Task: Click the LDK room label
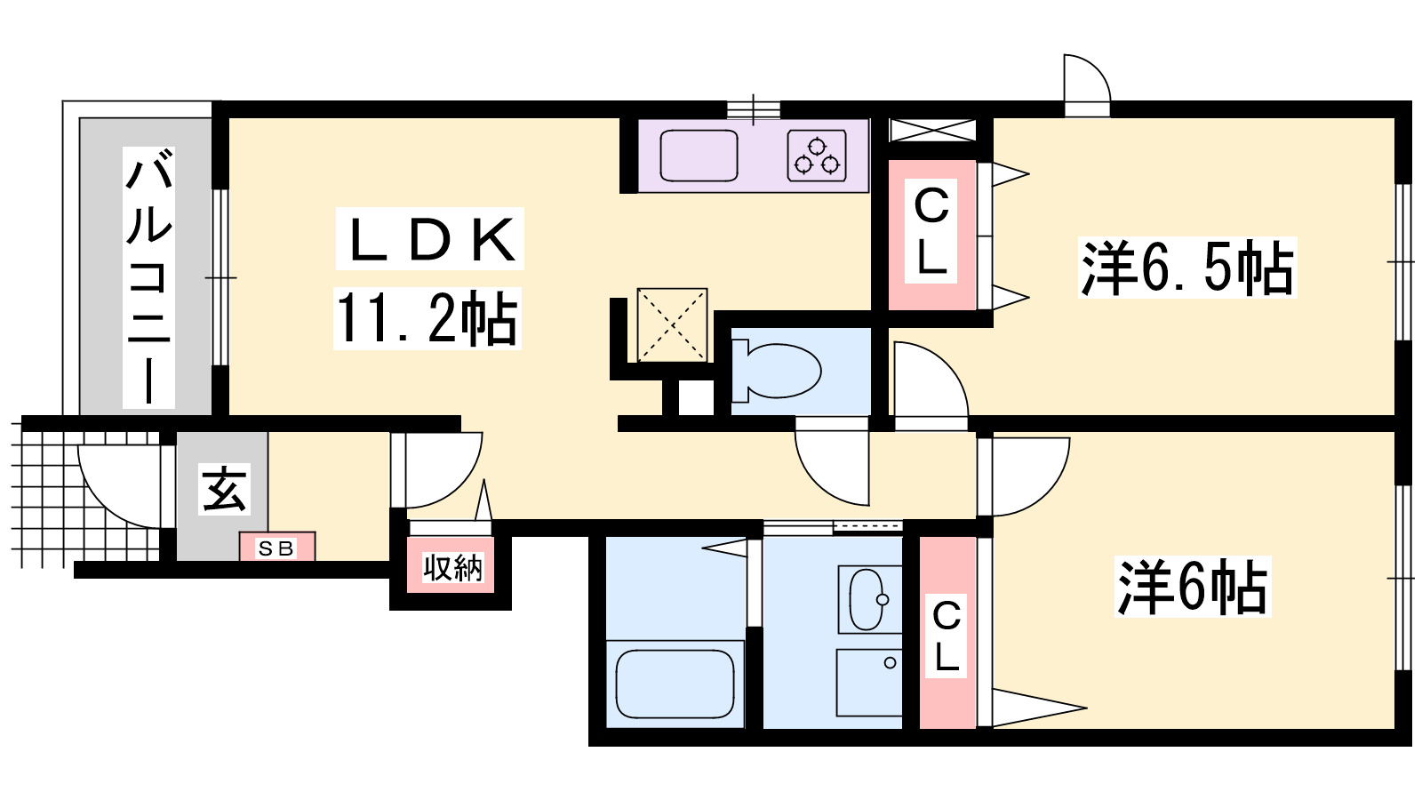[x=430, y=239]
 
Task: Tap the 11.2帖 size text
[x=427, y=318]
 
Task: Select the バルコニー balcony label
[x=148, y=277]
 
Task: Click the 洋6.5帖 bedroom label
[x=1187, y=268]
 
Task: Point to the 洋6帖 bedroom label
[x=1192, y=586]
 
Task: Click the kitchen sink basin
[x=699, y=156]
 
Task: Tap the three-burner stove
[x=817, y=156]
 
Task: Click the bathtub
[x=675, y=684]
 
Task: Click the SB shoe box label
[x=276, y=548]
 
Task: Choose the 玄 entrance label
[x=224, y=488]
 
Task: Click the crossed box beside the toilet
[x=672, y=325]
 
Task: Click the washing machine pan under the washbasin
[x=869, y=683]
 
